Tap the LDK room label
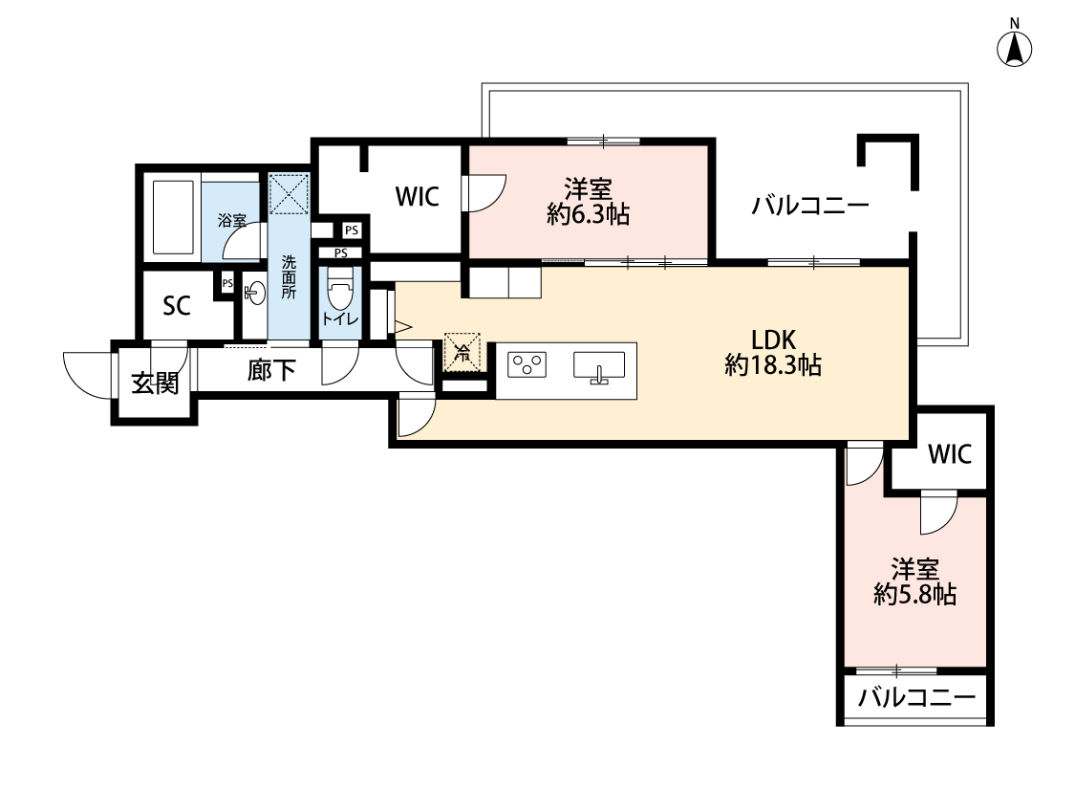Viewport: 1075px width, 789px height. (x=773, y=340)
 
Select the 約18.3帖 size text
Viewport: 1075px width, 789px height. (x=773, y=365)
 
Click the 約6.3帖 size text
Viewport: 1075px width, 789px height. (x=589, y=215)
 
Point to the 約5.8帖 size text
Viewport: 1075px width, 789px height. (x=914, y=594)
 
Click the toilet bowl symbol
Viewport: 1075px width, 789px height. (x=340, y=288)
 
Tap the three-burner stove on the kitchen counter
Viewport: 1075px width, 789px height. (x=527, y=364)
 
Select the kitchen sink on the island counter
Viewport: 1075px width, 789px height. (x=599, y=366)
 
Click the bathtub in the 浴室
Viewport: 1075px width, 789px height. (x=173, y=217)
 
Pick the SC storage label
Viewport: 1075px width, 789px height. (x=176, y=306)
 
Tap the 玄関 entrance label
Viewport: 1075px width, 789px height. (x=156, y=384)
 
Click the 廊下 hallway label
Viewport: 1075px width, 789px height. (x=271, y=370)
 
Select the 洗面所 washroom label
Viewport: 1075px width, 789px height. (x=290, y=277)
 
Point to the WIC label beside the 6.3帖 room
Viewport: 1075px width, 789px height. (x=417, y=197)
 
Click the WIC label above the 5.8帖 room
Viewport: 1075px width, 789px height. (x=950, y=453)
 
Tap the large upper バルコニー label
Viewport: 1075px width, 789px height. (x=810, y=205)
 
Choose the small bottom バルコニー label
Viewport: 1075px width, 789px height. (x=916, y=698)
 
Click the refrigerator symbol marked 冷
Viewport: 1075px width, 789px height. (x=462, y=353)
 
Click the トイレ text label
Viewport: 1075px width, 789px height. (x=340, y=319)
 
